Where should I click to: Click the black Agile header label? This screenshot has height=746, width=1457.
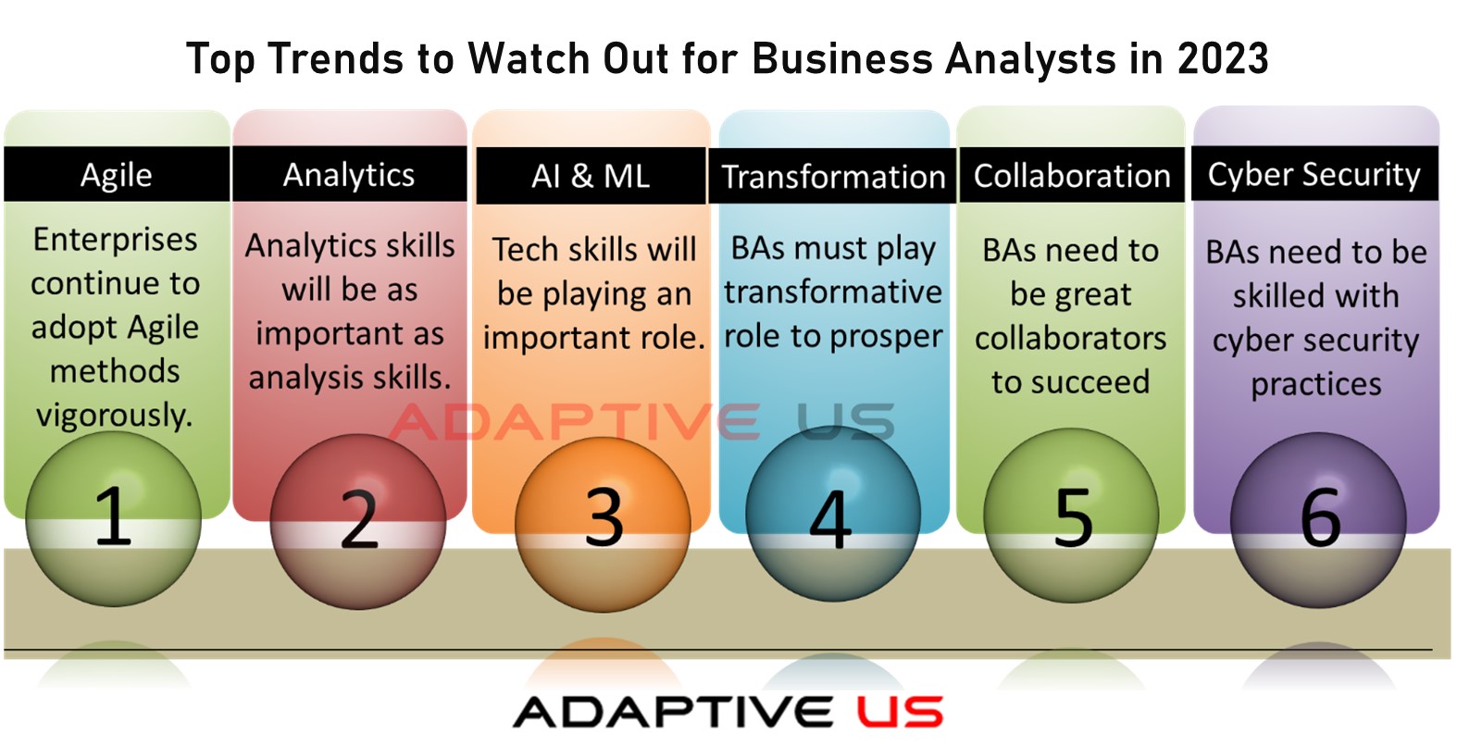pos(117,174)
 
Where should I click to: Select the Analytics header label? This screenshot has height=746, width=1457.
pos(349,174)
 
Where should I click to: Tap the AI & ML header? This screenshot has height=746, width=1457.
pos(591,176)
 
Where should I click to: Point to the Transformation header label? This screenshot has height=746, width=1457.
pos(832,176)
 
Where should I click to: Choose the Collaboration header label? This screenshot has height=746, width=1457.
pos(1072,175)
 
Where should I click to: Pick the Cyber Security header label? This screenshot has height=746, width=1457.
pos(1314,174)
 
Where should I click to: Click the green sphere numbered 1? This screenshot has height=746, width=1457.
pos(113,519)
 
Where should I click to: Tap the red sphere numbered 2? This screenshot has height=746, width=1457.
pos(357,522)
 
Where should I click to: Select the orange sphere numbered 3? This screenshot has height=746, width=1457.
pos(603,524)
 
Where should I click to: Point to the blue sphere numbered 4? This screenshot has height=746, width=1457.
pos(833,514)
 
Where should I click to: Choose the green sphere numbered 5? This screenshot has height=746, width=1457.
pos(1071,516)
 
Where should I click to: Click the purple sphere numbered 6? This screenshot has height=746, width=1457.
pos(1318,520)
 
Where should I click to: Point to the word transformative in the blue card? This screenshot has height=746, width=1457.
pos(833,292)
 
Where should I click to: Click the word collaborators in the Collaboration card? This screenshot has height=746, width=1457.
pos(1071,338)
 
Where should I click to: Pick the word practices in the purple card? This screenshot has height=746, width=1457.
pos(1316,385)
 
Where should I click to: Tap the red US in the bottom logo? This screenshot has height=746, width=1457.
pos(900,712)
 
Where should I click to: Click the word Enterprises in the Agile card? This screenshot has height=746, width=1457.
pos(115,241)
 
